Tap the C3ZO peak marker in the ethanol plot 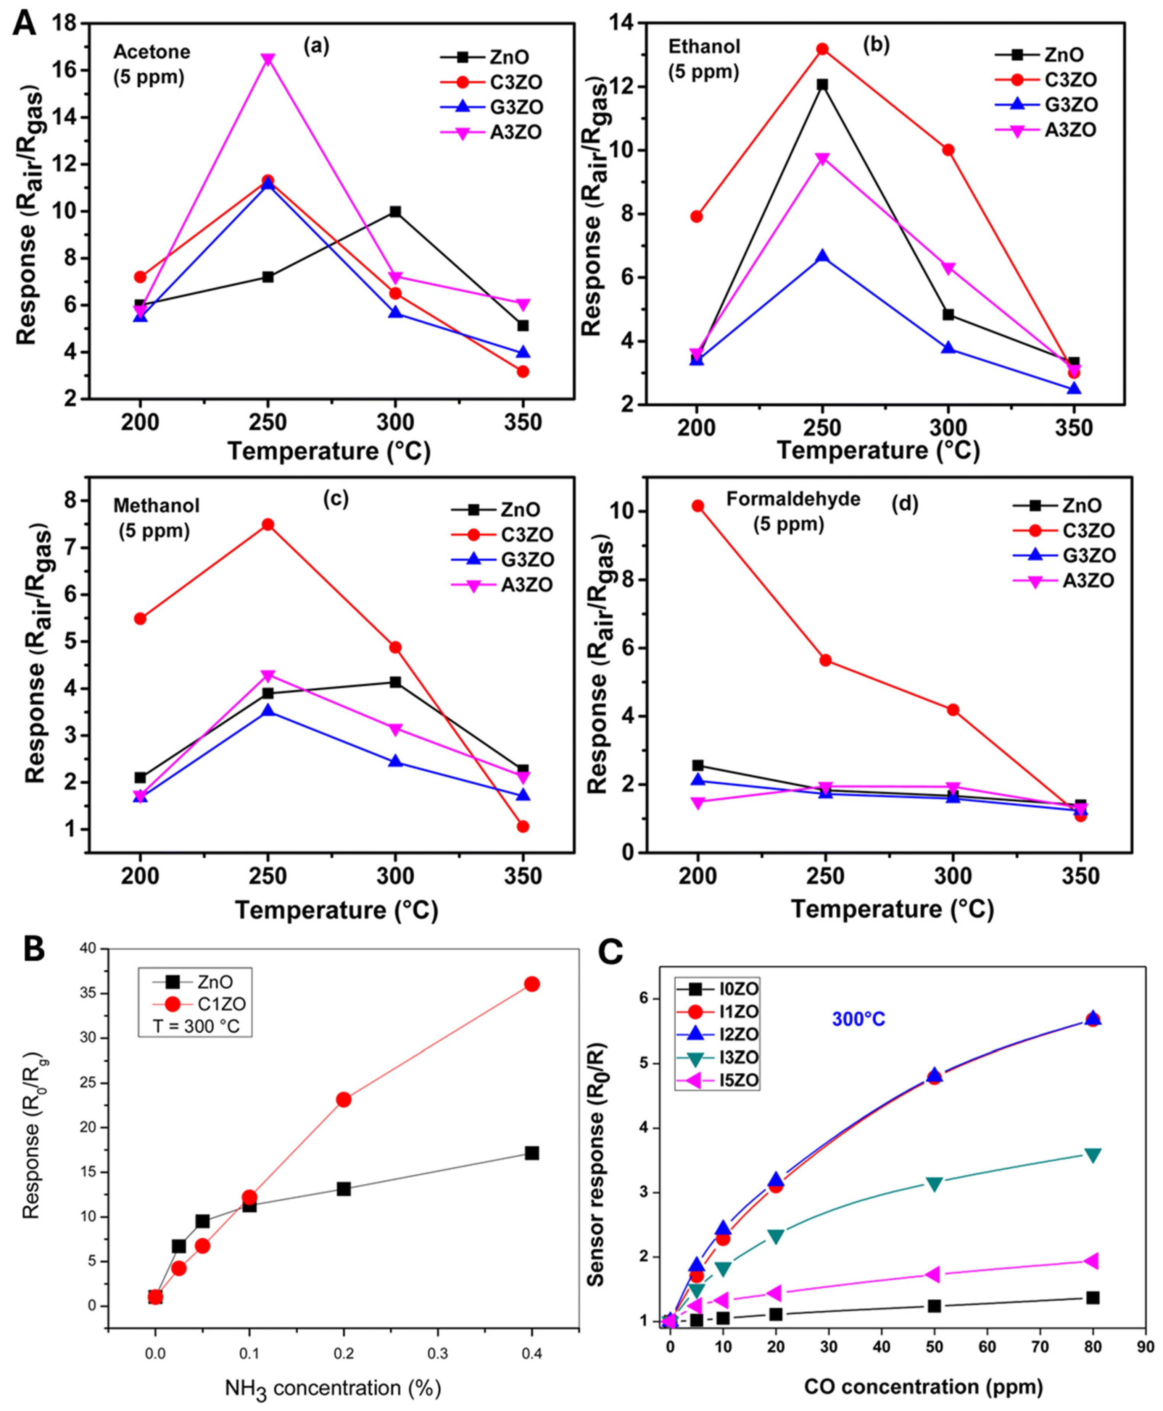pyautogui.click(x=822, y=49)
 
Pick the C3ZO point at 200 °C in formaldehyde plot pyautogui.click(x=697, y=506)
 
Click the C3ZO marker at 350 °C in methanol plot pyautogui.click(x=522, y=826)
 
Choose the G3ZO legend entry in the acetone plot pyautogui.click(x=516, y=107)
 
